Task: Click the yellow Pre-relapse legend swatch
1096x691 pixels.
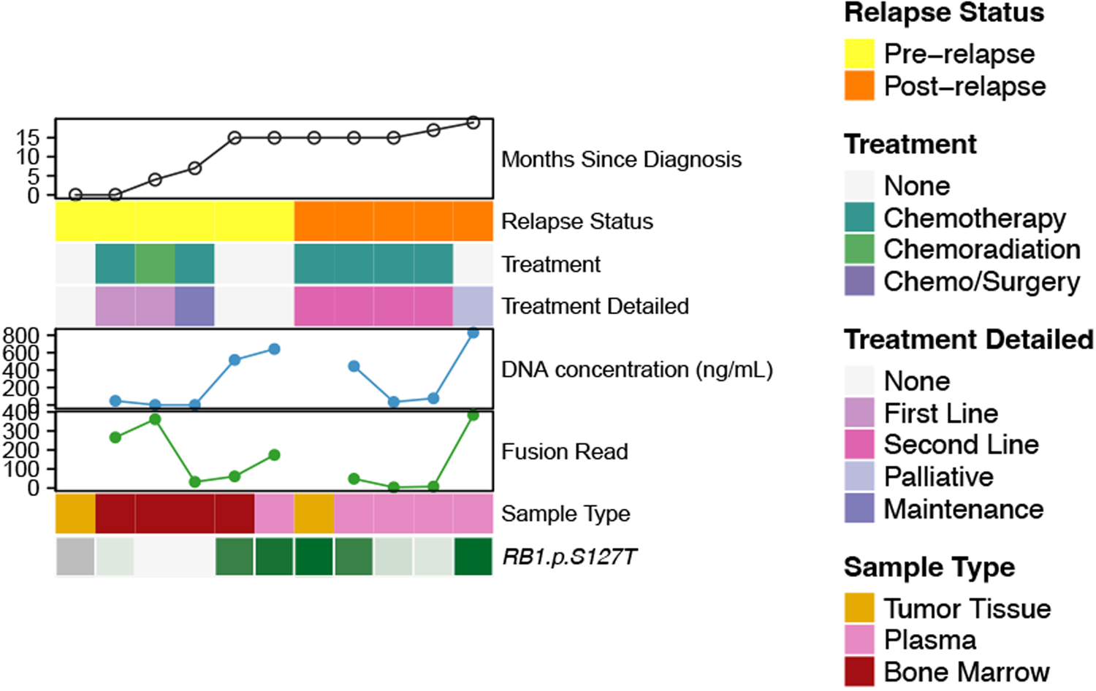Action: tap(859, 54)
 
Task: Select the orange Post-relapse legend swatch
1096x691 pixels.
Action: tap(859, 85)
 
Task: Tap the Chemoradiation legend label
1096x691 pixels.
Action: tap(981, 249)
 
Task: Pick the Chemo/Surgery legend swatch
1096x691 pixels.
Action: tap(859, 281)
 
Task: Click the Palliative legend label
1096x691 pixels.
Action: tap(938, 477)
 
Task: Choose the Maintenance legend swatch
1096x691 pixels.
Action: tap(859, 508)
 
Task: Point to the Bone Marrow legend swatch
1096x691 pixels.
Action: tap(859, 672)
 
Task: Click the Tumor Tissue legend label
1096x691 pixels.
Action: tap(967, 608)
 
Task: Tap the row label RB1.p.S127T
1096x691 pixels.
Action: tap(569, 557)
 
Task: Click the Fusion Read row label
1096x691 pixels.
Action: tap(564, 451)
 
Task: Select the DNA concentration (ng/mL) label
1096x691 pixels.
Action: tap(636, 370)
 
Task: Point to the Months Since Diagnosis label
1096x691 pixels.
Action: tap(621, 159)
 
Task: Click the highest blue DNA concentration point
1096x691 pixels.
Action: tap(473, 332)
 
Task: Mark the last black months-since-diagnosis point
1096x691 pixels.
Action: tap(473, 123)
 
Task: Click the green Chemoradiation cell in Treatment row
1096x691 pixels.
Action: tap(155, 264)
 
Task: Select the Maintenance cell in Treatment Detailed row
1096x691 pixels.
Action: tap(194, 306)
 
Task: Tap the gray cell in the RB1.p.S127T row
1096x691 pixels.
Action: tap(75, 557)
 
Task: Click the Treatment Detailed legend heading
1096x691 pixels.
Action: tap(968, 340)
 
